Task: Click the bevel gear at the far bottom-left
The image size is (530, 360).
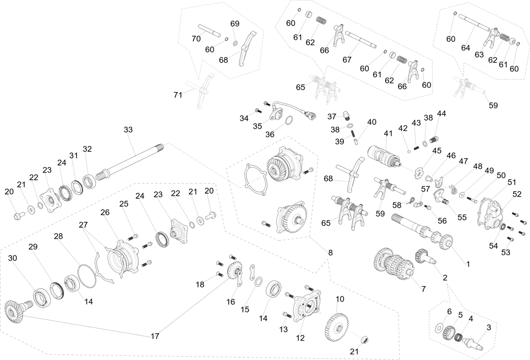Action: point(14,312)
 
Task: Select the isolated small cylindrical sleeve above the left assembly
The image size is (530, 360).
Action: point(159,148)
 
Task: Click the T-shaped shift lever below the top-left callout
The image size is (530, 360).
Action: point(200,91)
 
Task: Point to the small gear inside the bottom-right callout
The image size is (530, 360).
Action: point(448,332)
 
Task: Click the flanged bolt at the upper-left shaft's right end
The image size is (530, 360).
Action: point(103,175)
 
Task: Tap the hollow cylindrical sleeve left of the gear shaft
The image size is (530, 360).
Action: point(397,218)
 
